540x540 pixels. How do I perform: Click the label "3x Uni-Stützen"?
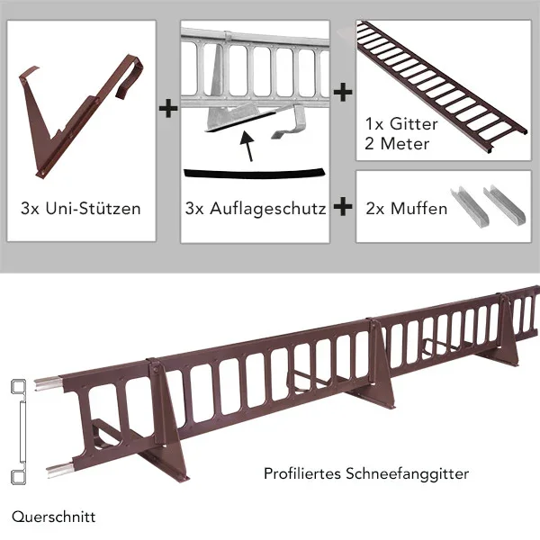[81, 209]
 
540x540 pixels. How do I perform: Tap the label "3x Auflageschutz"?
[256, 209]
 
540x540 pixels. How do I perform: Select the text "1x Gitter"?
[401, 124]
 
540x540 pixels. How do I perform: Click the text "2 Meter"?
[397, 144]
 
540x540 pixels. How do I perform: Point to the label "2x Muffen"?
[407, 209]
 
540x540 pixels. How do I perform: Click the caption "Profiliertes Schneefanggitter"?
[366, 473]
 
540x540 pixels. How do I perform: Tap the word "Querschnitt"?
[53, 517]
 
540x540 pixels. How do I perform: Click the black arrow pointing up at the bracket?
[248, 146]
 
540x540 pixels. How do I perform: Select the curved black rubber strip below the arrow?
[254, 175]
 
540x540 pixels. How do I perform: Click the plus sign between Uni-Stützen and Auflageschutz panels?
[168, 108]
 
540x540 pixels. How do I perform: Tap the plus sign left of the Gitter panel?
[343, 93]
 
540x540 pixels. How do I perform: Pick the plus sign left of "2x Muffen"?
[343, 207]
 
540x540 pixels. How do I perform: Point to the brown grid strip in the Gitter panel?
[441, 86]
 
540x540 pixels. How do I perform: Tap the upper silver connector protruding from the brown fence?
[49, 383]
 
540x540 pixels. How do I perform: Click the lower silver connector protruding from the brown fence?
[60, 470]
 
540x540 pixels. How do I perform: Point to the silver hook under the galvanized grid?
[289, 125]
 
